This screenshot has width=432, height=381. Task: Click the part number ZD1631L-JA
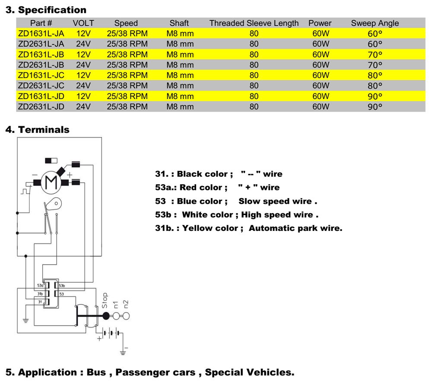41,33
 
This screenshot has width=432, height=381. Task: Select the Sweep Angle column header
375,23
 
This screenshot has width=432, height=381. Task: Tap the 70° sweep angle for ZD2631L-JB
375,65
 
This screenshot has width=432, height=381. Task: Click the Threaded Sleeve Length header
254,23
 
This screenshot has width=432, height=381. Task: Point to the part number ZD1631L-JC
41,75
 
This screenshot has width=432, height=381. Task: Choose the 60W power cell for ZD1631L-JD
321,96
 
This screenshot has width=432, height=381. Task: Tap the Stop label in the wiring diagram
105,300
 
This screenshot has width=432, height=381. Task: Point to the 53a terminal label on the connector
40,286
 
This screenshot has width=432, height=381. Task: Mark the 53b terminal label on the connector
62,286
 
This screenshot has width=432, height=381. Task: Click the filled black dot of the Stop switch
106,316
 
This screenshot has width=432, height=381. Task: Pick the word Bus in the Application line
96,372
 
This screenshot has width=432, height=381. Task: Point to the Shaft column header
179,23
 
